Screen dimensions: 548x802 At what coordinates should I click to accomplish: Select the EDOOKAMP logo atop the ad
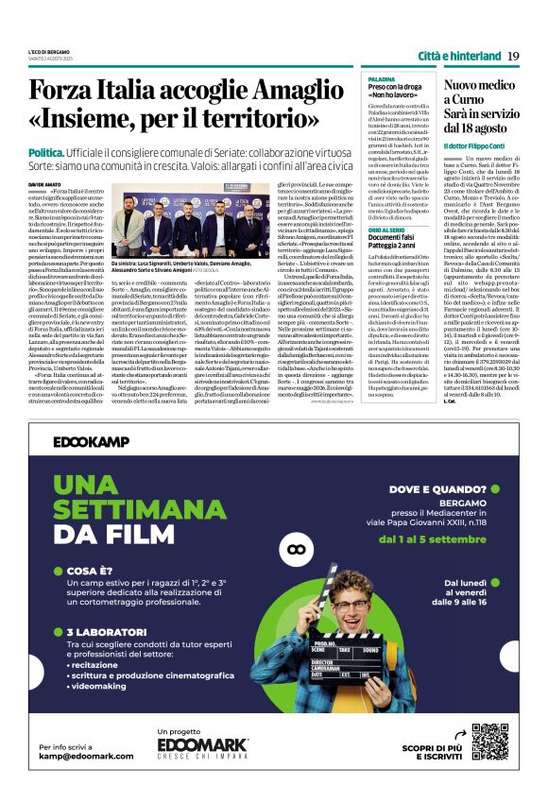coord(91,441)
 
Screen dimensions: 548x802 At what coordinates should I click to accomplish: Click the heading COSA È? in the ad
coord(93,572)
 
